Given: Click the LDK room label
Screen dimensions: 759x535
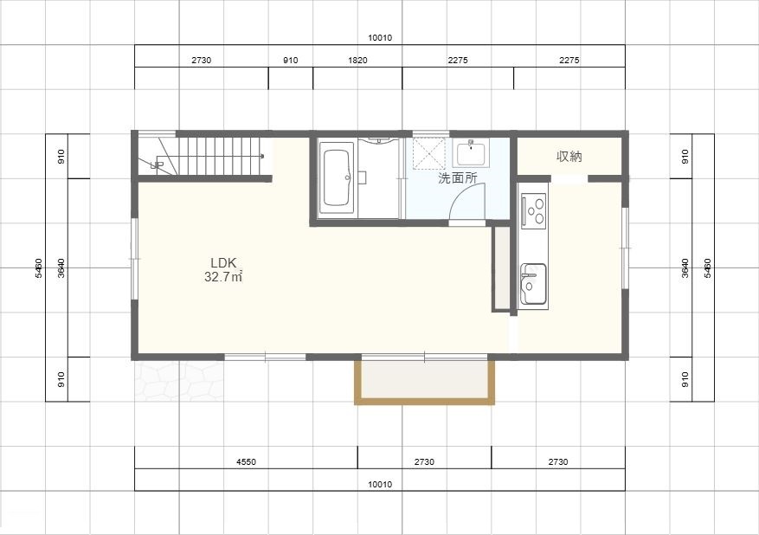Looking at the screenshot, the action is point(223,263).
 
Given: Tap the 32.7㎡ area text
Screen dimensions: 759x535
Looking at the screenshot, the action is point(223,277).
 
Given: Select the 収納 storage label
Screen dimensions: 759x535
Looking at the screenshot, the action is point(569,157).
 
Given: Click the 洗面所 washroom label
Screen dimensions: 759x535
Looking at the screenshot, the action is point(458,177).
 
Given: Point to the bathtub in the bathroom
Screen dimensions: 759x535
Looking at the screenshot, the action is point(336,177).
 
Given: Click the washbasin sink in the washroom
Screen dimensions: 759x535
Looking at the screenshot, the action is point(471,152).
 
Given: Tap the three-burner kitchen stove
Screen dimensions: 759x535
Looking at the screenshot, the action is point(534,210).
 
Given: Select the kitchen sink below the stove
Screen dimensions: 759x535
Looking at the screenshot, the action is point(533,284).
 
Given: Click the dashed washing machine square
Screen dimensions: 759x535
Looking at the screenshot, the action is point(429,153).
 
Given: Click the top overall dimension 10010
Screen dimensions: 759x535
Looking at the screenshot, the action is point(380,38).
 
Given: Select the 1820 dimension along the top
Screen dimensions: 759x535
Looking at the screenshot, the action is point(357,61).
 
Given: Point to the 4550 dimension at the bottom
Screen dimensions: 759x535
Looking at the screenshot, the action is point(246,462).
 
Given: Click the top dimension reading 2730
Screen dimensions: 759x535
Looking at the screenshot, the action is point(202,61).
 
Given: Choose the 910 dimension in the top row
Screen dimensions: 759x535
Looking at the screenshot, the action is point(291,61).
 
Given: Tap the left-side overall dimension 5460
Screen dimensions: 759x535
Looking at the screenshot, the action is point(38,267).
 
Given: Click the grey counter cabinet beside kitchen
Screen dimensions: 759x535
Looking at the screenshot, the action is point(501,268).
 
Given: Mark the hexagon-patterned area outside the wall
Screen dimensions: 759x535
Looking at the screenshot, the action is point(179,381).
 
